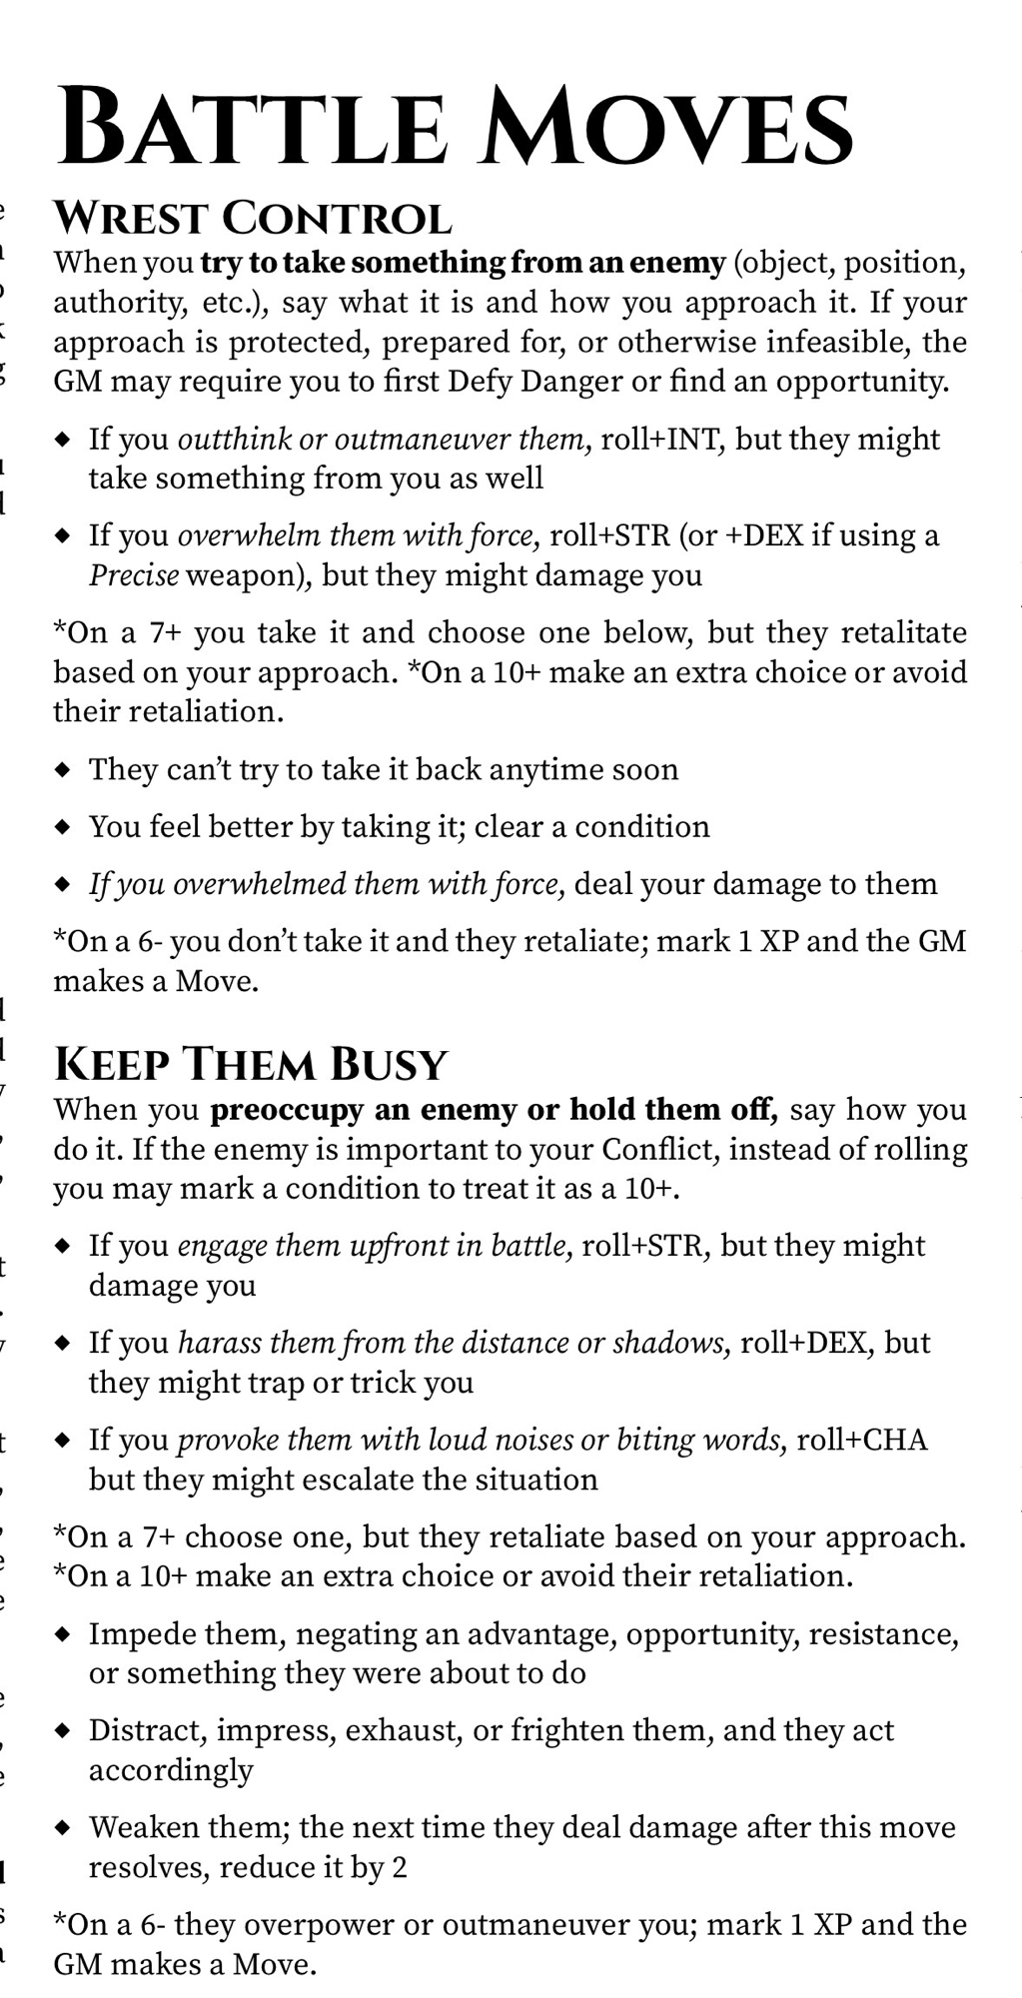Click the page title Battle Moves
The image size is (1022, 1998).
(455, 127)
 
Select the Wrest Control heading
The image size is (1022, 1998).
(252, 218)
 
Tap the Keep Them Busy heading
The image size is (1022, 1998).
(251, 1064)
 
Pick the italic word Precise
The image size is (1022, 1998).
(134, 575)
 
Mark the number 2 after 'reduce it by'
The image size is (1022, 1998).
(400, 1867)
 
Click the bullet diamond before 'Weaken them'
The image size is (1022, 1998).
(63, 1828)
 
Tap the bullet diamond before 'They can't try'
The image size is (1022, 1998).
(63, 770)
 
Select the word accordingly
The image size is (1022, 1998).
(171, 1770)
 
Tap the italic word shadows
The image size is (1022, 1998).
(669, 1344)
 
